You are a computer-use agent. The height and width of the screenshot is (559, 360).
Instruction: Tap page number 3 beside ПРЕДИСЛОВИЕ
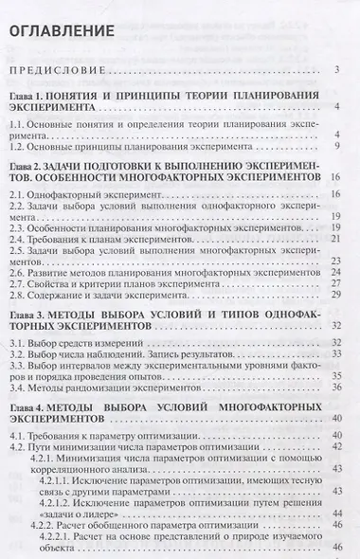click(x=338, y=71)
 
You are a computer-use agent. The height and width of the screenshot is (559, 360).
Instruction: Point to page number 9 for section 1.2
click(x=337, y=150)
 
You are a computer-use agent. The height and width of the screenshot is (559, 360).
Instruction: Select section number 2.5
click(x=18, y=253)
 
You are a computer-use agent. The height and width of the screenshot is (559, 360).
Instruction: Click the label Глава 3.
click(x=30, y=324)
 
